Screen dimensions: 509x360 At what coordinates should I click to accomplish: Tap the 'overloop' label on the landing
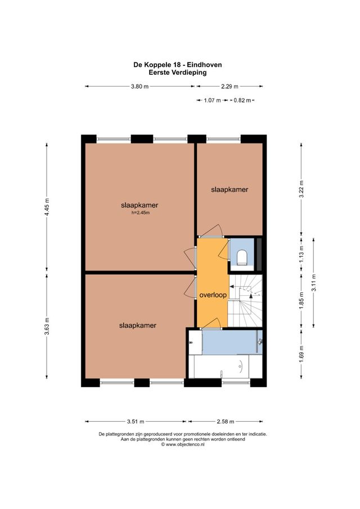pos(212,295)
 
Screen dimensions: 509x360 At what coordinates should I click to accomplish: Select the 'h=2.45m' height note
pos(139,213)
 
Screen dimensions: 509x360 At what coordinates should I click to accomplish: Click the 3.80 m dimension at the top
pos(139,87)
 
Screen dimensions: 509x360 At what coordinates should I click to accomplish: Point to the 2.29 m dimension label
pos(229,87)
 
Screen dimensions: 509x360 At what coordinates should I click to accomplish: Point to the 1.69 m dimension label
pos(301,355)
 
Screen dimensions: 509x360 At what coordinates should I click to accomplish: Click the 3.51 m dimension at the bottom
pos(136,421)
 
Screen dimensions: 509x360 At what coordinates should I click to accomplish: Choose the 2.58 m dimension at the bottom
pos(225,421)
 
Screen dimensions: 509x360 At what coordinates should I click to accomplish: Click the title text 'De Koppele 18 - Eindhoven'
pos(177,65)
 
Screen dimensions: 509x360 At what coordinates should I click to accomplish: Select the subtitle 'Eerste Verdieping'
pos(177,73)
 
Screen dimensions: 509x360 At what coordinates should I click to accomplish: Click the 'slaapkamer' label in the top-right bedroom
pos(229,190)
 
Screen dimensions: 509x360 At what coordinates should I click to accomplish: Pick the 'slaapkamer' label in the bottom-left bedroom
pos(137,325)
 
